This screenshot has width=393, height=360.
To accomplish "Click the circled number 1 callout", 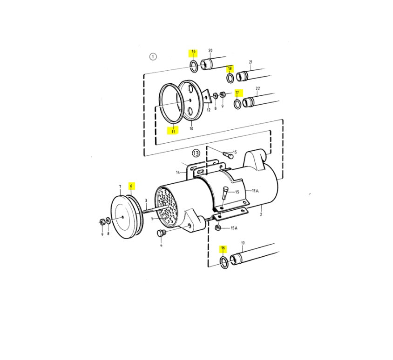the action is pyautogui.click(x=153, y=57).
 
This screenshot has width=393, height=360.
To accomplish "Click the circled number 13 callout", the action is pyautogui.click(x=196, y=153).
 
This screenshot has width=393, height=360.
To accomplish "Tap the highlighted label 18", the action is pyautogui.click(x=230, y=68).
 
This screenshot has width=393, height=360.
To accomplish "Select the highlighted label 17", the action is pyautogui.click(x=237, y=93).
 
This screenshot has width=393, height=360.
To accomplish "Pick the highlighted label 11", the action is pyautogui.click(x=173, y=131).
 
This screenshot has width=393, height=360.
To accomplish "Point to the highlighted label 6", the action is pyautogui.click(x=131, y=186).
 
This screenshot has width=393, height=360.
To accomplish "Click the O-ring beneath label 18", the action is pyautogui.click(x=230, y=78).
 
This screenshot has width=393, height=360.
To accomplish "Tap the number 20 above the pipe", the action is pyautogui.click(x=210, y=51).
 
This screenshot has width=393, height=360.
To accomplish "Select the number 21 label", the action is pyautogui.click(x=251, y=62).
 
